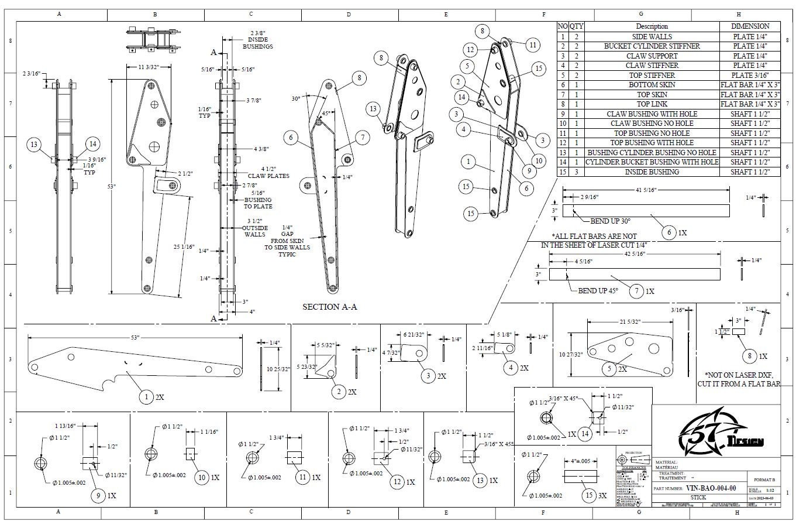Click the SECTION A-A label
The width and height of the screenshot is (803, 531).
click(329, 307)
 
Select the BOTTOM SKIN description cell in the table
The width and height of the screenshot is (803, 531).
click(652, 85)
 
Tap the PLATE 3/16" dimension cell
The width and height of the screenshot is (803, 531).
click(750, 75)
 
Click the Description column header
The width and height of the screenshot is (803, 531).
click(652, 26)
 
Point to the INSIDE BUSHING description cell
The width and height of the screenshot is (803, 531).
click(652, 172)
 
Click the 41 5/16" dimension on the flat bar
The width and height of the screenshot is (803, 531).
click(645, 190)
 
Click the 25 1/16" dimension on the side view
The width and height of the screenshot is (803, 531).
click(183, 248)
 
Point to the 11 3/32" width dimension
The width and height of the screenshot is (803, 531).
click(149, 68)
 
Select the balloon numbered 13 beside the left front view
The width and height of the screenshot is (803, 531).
click(35, 145)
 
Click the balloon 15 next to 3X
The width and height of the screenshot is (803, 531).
click(590, 495)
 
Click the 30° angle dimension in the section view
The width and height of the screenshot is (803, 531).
click(296, 98)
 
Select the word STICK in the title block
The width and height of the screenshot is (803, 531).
click(698, 497)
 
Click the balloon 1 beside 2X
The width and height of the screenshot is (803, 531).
click(146, 396)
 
